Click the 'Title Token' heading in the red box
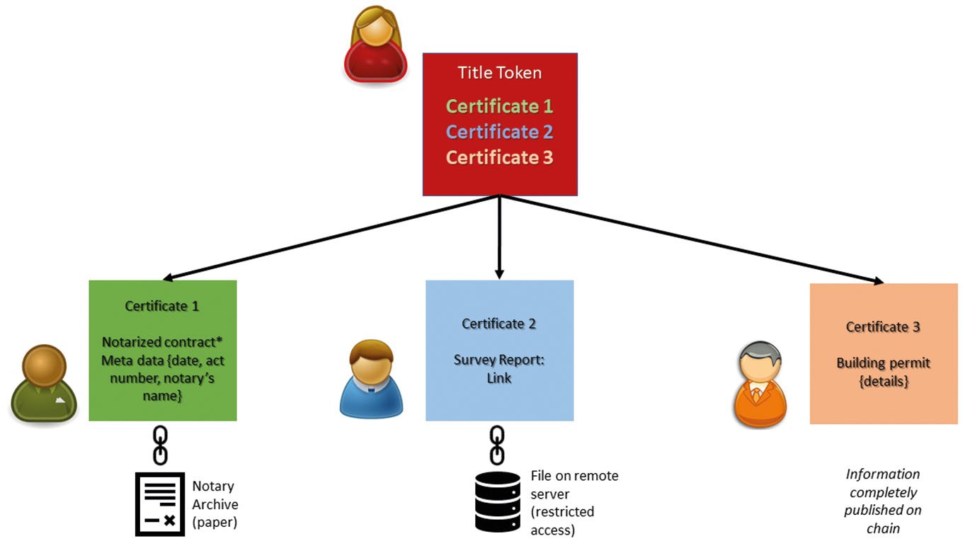499,72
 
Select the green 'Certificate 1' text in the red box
499,106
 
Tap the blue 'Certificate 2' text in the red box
499,132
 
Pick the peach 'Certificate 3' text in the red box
499,157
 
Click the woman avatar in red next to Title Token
373,46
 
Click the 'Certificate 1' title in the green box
162,306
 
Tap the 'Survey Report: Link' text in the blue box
498,368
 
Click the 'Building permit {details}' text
883,372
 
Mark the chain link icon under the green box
161,445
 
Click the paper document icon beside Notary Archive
160,504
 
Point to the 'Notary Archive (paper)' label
215,504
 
